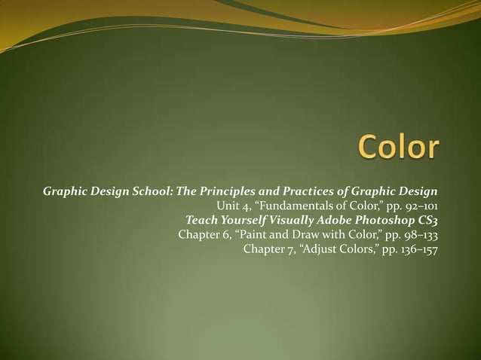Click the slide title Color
(x=397, y=147)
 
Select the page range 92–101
(x=419, y=206)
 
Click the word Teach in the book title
(x=202, y=220)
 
